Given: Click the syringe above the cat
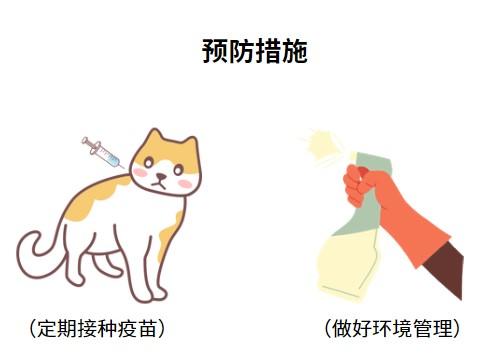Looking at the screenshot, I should tap(101, 153).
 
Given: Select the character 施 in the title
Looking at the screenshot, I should tap(292, 51).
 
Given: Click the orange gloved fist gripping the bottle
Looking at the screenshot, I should tap(366, 184).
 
